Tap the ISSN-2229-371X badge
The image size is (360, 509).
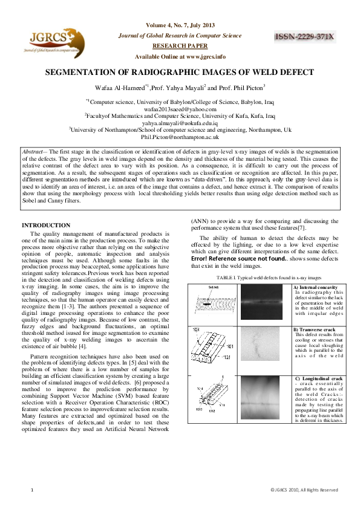pyautogui.click(x=305, y=37)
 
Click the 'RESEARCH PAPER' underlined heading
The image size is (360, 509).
pyautogui.click(x=180, y=45)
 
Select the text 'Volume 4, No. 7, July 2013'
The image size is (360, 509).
pyautogui.click(x=180, y=25)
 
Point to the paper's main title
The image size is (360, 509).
pyautogui.click(x=180, y=71)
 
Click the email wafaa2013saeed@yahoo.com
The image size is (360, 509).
pyautogui.click(x=180, y=109)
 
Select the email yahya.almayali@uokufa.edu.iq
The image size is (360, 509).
pyautogui.click(x=180, y=122)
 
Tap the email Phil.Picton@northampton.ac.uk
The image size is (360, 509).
pyautogui.click(x=180, y=137)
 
